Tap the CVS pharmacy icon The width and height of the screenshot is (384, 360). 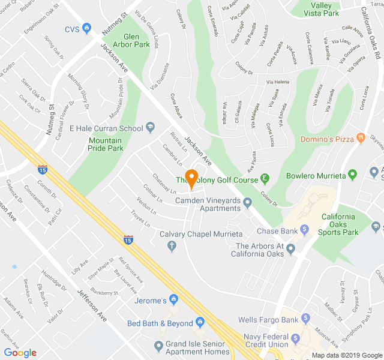click(x=87, y=28)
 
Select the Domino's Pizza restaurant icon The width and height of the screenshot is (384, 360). click(x=361, y=138)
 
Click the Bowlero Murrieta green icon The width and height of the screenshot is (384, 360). click(x=353, y=175)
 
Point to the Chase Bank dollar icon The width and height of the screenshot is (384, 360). click(x=304, y=229)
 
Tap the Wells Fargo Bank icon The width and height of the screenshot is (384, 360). click(x=305, y=318)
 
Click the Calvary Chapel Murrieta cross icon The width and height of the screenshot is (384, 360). click(x=172, y=245)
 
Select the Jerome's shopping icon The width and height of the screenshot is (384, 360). click(x=173, y=299)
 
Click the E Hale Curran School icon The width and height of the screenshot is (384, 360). click(x=150, y=127)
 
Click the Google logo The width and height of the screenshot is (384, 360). click(x=20, y=352)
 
